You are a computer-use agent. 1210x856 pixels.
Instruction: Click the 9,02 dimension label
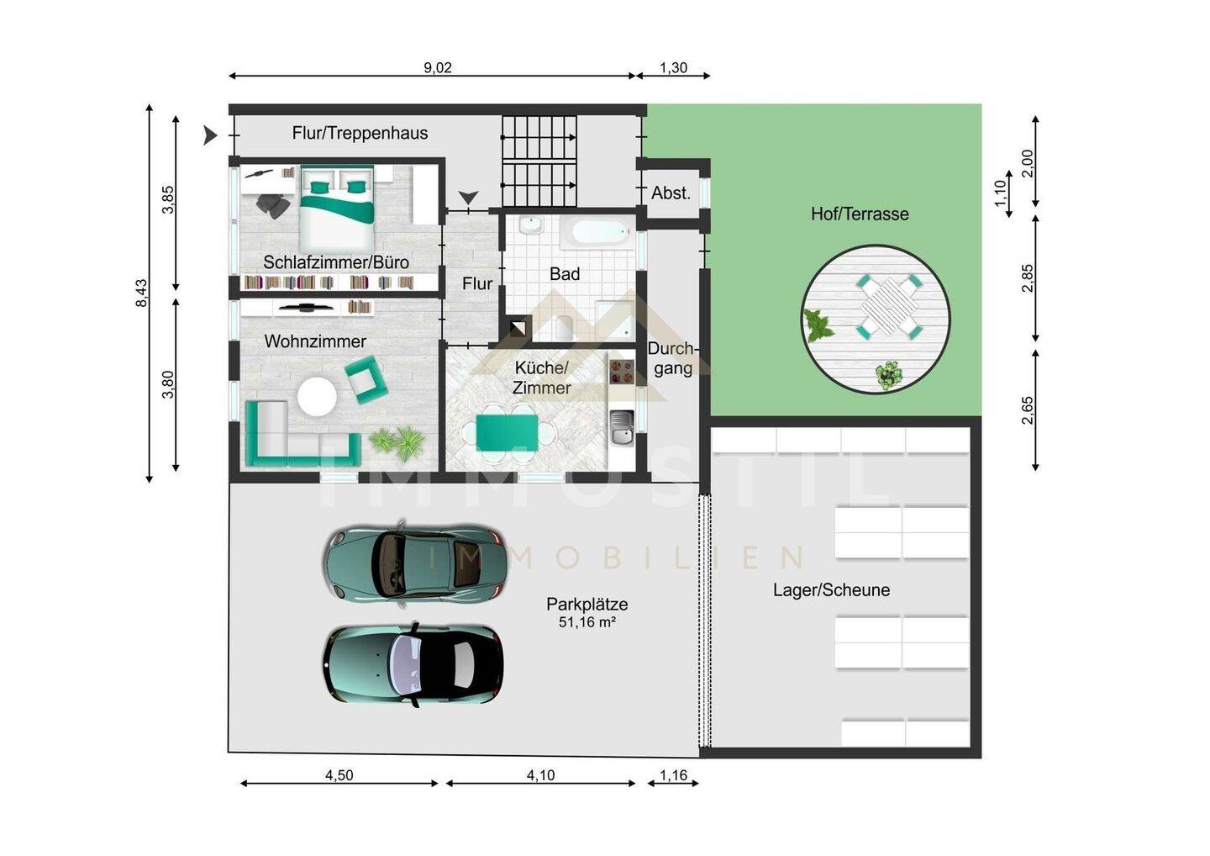point(438,67)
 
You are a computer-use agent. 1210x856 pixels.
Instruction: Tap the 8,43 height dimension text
point(141,293)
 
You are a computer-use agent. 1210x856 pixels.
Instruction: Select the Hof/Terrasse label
point(860,214)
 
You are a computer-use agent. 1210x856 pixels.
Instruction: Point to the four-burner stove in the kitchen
point(621,372)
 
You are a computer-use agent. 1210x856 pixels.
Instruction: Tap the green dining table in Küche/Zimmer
point(507,432)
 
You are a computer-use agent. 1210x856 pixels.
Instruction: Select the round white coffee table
point(317,397)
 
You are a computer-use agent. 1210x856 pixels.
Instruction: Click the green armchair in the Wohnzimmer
point(366,379)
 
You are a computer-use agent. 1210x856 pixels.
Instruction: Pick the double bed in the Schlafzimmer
point(337,208)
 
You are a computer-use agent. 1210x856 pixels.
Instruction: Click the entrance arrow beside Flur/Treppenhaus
point(209,135)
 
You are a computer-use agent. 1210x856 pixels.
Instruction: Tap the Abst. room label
point(671,193)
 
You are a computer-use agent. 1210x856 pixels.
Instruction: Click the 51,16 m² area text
point(587,622)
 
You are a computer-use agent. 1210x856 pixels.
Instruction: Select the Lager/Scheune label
point(831,589)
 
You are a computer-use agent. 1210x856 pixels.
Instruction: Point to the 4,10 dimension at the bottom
point(541,775)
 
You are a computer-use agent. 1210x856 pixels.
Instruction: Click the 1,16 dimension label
point(673,775)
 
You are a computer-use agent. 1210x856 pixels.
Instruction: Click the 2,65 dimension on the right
point(1027,410)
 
